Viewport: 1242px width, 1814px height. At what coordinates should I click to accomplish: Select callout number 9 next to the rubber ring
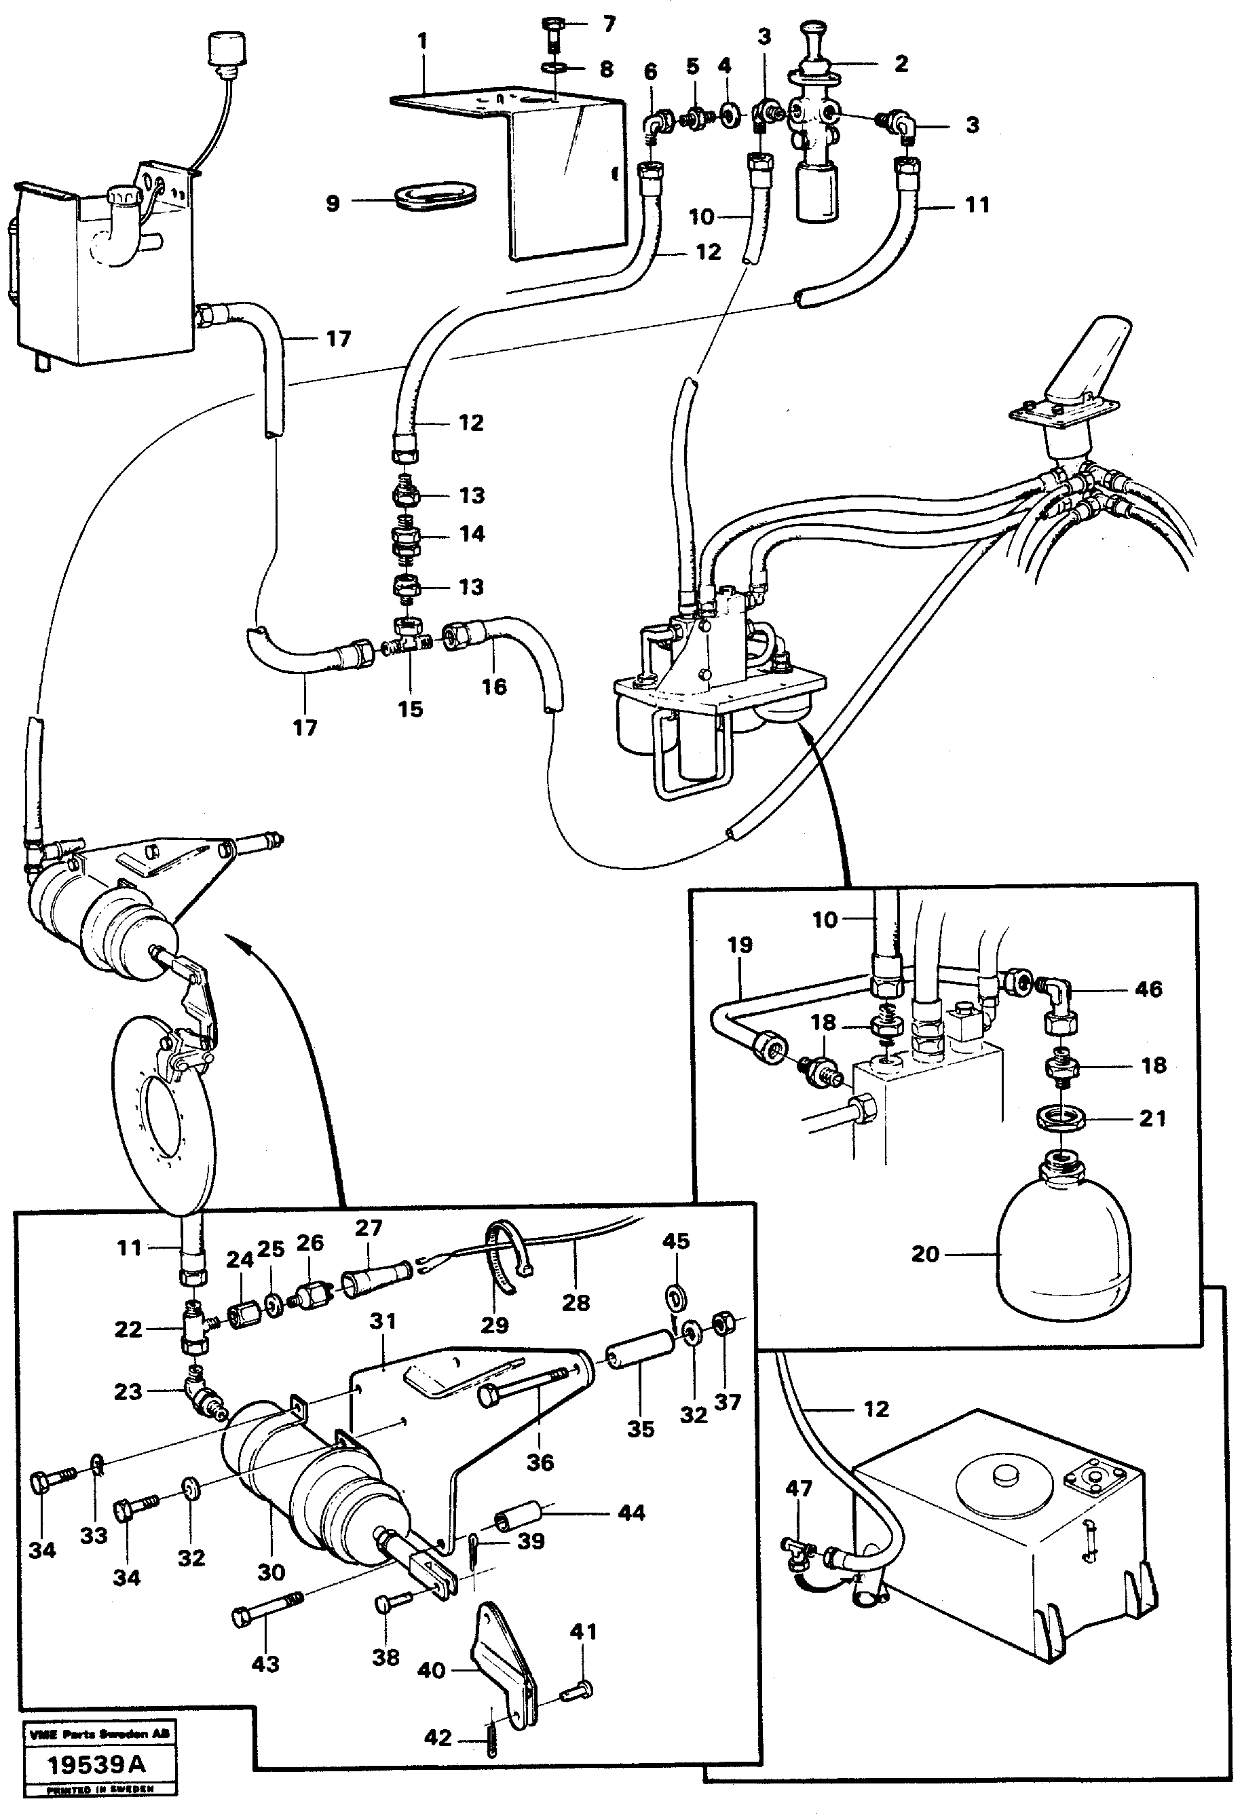tap(333, 204)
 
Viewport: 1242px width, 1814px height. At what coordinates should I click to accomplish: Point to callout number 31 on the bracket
tap(383, 1321)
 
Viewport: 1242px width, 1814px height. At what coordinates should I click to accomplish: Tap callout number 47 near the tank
tap(799, 1488)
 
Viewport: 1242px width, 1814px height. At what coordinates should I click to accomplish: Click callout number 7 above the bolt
tap(609, 24)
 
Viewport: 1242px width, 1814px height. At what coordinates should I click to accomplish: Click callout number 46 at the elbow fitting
tap(1148, 989)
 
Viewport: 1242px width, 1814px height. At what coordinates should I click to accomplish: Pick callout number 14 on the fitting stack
tap(472, 534)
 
